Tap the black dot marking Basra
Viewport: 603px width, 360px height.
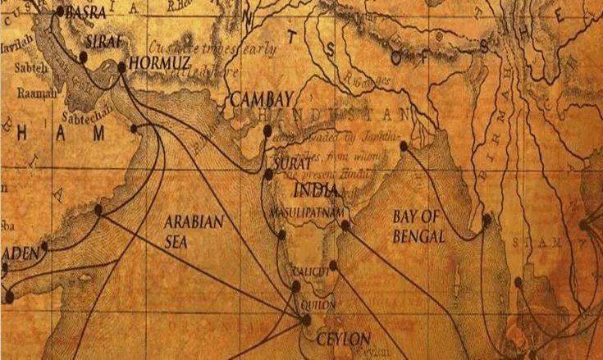60,12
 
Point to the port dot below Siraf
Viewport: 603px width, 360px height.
83,57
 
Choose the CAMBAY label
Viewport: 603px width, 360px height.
257,99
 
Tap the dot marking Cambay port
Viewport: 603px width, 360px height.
267,130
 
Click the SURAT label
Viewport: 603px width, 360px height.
286,164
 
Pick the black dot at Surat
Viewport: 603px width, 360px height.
268,174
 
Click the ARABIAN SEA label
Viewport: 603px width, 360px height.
194,230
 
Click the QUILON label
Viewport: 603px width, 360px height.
318,303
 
